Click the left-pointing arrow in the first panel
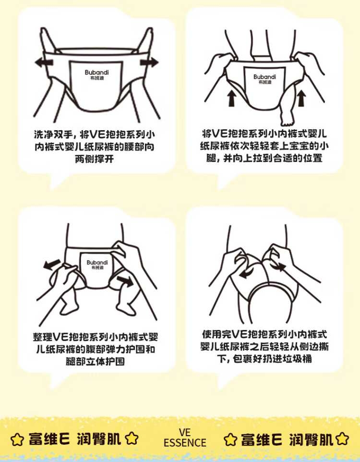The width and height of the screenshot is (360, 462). (x=44, y=62)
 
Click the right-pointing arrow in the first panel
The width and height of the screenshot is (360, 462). (x=149, y=62)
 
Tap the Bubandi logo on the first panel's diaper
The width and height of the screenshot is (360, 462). (x=96, y=74)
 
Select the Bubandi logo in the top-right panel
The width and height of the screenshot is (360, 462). (x=264, y=79)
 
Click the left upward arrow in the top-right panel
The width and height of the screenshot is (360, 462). (x=232, y=98)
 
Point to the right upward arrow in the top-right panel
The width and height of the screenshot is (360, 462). (x=301, y=98)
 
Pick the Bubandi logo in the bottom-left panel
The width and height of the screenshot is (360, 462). (x=97, y=264)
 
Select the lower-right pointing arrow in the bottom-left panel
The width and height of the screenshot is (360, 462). (x=125, y=281)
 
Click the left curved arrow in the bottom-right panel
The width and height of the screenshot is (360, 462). (x=247, y=273)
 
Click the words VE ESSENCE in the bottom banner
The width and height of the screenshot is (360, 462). (x=185, y=438)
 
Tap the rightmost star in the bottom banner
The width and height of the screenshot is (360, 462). (x=342, y=439)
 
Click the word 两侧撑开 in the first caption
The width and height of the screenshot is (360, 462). (x=94, y=159)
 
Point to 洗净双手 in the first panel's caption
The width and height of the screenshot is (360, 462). (x=53, y=134)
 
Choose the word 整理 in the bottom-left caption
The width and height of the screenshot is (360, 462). (x=43, y=337)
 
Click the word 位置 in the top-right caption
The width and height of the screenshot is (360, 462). (x=312, y=158)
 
